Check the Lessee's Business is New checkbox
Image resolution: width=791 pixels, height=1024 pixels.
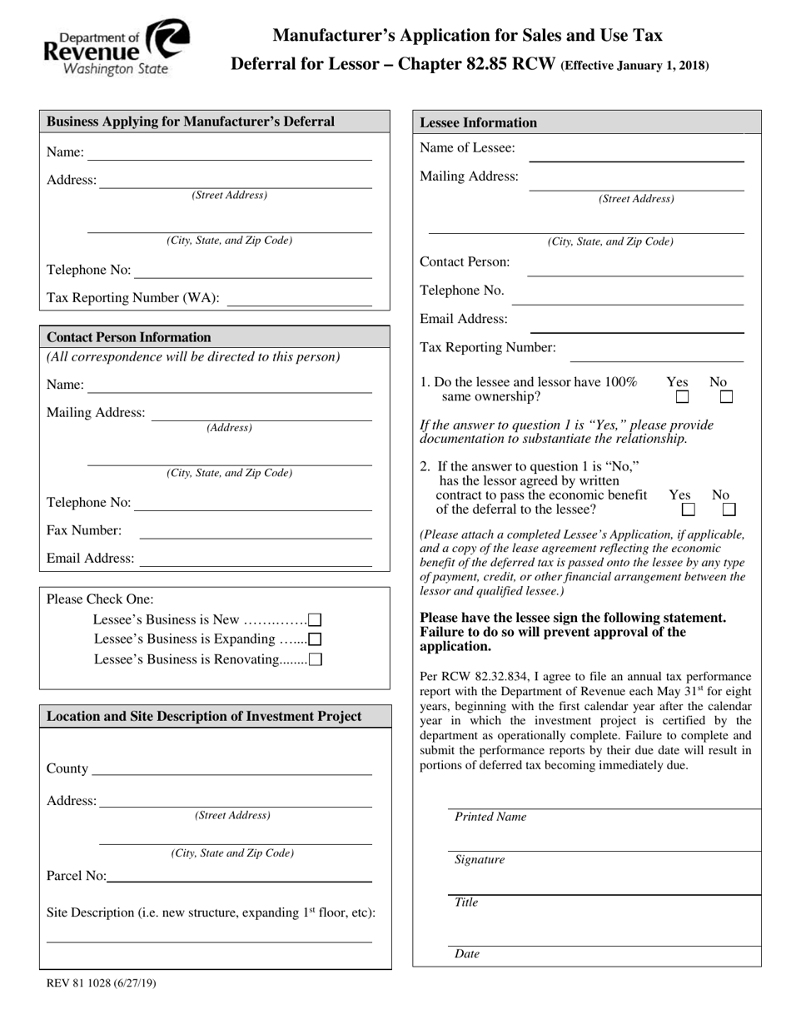[315, 619]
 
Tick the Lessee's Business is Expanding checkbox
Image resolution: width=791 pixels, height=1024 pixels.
[315, 639]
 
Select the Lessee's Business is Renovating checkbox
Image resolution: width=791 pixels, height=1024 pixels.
[315, 659]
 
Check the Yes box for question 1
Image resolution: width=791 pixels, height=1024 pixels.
[682, 397]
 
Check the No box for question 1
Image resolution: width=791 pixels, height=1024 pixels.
[726, 397]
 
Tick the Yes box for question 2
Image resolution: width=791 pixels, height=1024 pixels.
[688, 509]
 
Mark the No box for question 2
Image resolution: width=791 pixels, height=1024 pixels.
[729, 509]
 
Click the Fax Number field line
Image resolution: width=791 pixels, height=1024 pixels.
[255, 534]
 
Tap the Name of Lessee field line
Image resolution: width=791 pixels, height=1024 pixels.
[636, 156]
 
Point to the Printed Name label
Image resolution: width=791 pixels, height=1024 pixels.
[490, 817]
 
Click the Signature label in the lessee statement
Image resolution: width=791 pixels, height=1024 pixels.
[480, 860]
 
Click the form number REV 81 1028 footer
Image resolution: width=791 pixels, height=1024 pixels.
[101, 983]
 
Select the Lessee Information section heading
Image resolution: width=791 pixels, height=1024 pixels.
[478, 122]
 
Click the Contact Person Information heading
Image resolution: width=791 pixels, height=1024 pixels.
[129, 337]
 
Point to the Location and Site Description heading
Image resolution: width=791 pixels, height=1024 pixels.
[204, 716]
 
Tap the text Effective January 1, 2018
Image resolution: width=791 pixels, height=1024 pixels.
[636, 65]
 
